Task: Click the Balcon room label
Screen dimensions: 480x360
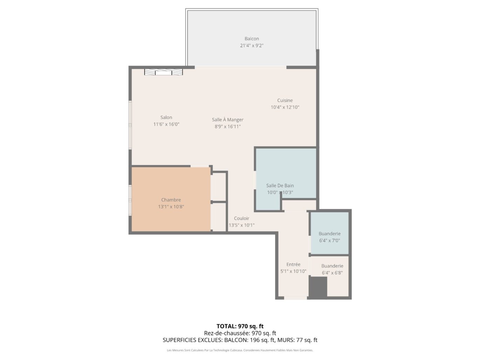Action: (x=252, y=39)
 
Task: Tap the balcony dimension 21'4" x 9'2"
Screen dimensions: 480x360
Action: (x=252, y=46)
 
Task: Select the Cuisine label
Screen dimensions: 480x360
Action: (x=285, y=100)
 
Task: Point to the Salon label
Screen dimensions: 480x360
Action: (x=166, y=117)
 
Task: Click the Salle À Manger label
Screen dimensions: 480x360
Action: (x=227, y=119)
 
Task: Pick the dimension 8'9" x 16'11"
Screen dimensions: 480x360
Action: (x=227, y=126)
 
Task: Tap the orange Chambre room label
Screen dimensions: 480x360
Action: (x=171, y=200)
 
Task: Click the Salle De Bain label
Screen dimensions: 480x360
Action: (x=280, y=186)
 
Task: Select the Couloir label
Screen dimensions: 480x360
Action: (x=241, y=219)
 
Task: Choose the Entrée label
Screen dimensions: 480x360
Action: (x=293, y=264)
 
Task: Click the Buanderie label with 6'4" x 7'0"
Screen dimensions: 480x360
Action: (x=329, y=234)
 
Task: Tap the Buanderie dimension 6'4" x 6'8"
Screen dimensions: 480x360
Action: (x=332, y=273)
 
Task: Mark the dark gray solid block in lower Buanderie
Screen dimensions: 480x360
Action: (x=318, y=287)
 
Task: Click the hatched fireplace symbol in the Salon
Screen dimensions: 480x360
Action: (x=163, y=72)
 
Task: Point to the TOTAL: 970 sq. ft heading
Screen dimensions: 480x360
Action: (x=240, y=326)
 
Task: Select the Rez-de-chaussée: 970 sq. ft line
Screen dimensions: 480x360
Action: (x=240, y=333)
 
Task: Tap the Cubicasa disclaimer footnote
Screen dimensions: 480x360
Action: (x=240, y=350)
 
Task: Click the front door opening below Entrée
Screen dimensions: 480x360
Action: (x=295, y=298)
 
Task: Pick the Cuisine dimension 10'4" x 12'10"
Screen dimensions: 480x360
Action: (x=285, y=107)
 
